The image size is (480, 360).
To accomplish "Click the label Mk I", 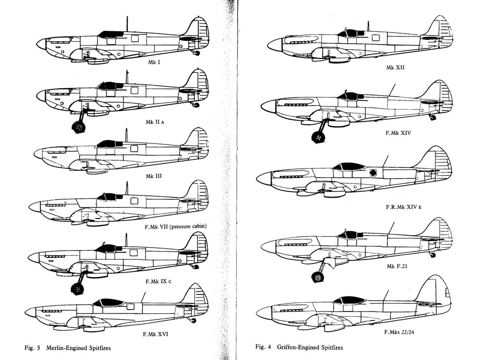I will (155, 62).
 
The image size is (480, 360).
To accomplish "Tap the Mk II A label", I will (155, 122).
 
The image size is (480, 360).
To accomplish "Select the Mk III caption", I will (154, 176).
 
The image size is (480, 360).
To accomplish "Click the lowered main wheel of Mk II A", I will (78, 128).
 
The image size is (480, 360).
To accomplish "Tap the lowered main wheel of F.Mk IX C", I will (77, 288).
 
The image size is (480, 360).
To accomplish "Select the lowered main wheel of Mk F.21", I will (317, 277).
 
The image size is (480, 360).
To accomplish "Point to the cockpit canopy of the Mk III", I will (109, 144).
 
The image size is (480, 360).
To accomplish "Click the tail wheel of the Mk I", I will (197, 53).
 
